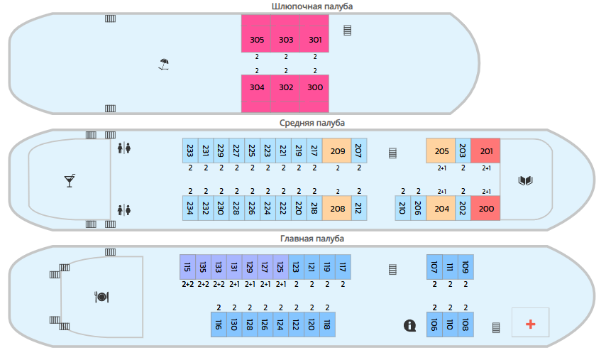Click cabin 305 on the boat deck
256,33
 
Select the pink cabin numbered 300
314,94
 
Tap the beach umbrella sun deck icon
164,64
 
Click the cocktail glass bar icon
70,180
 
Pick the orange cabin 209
336,151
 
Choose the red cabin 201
485,151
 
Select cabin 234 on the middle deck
190,208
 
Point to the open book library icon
525,180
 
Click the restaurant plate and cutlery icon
101,297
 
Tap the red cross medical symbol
530,324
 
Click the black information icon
409,326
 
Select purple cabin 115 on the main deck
187,267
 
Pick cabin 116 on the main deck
219,324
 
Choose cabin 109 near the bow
465,267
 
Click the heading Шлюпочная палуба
312,6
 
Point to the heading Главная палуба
312,239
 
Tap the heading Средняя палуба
312,123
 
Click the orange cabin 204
441,208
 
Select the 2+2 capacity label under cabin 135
203,284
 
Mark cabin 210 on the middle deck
403,208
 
